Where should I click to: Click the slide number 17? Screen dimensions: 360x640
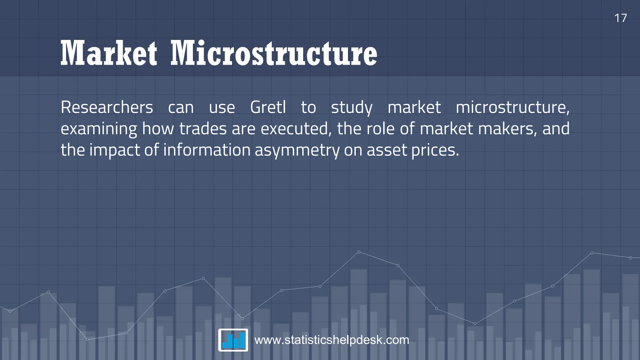(x=620, y=18)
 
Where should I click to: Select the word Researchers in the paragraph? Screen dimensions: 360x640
(x=107, y=107)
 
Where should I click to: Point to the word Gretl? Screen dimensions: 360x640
(x=268, y=107)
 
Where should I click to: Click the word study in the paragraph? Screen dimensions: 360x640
(x=352, y=108)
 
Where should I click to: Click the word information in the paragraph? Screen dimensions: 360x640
(x=207, y=150)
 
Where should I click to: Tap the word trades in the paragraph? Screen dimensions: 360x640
(x=203, y=129)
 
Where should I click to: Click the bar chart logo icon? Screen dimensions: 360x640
(x=233, y=340)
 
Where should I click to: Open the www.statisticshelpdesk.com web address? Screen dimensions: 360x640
(x=332, y=340)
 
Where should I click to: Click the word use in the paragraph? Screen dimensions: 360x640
(x=222, y=108)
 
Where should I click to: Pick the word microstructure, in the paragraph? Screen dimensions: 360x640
(x=512, y=107)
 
